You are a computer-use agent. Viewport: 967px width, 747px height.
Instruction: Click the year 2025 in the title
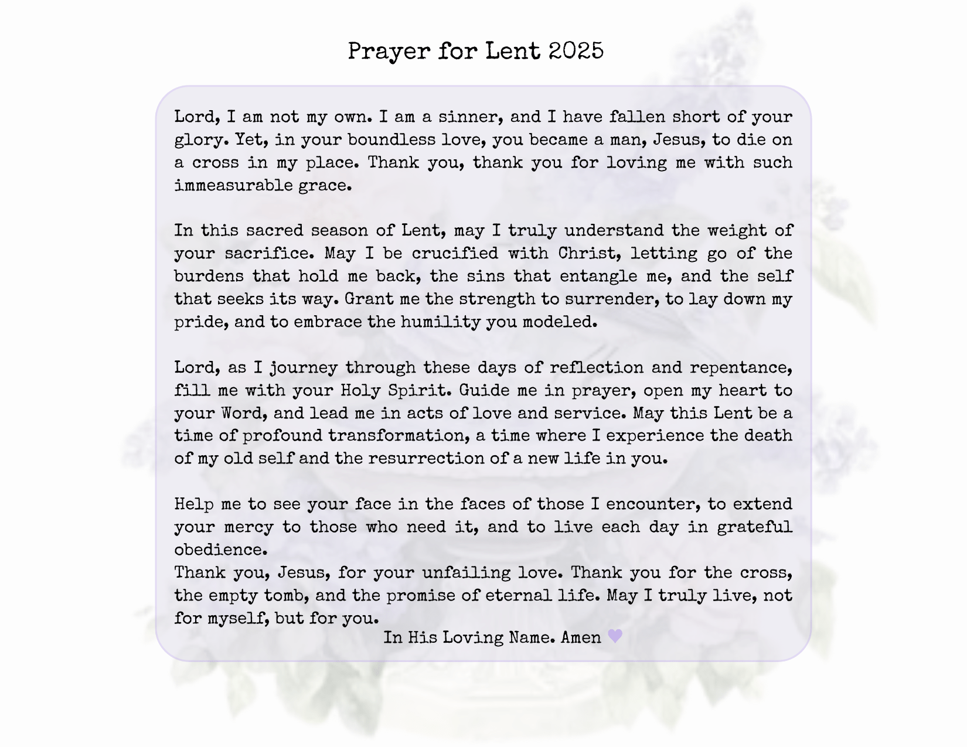(x=576, y=51)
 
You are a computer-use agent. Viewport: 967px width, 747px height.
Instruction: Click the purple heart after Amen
(x=615, y=636)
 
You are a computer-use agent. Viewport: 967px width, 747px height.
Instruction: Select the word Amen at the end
(x=581, y=637)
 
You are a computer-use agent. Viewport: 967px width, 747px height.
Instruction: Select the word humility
(x=440, y=322)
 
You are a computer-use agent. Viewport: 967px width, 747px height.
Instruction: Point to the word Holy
(x=359, y=390)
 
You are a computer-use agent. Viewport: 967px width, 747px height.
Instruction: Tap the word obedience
(x=220, y=550)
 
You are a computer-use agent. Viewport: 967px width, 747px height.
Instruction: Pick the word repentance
(x=741, y=368)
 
